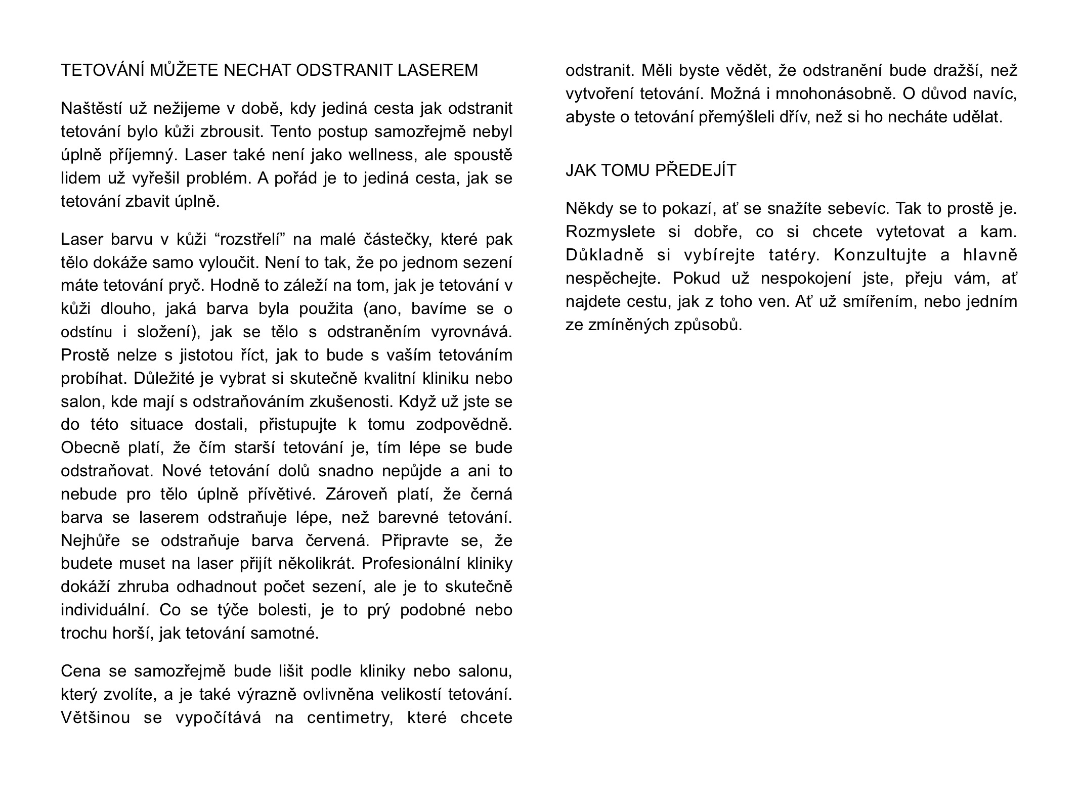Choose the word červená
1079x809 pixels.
(x=334, y=541)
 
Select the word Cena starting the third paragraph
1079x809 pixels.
(x=79, y=671)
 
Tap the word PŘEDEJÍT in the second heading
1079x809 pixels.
(x=696, y=170)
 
